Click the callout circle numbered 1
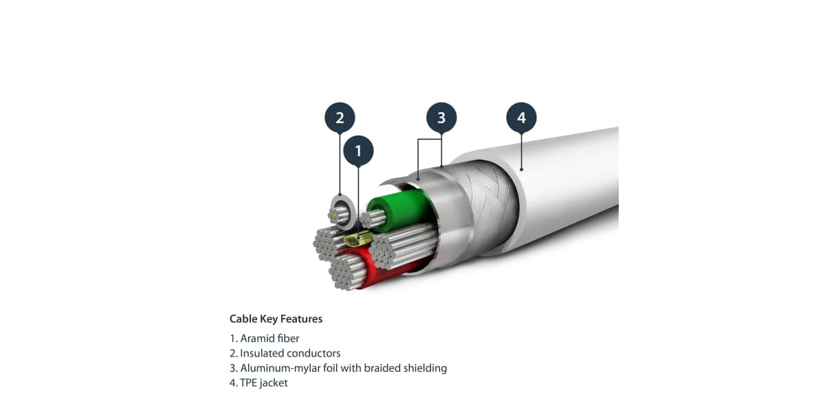(x=357, y=151)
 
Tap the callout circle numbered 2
(x=340, y=118)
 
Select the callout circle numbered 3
(x=441, y=118)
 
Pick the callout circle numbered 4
(x=521, y=118)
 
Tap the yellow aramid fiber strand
(x=355, y=238)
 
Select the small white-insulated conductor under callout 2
(x=340, y=209)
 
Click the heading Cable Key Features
(x=276, y=319)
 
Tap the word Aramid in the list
(x=256, y=338)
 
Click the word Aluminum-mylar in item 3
(x=274, y=368)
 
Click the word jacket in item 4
(x=275, y=383)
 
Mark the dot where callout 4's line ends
(x=521, y=168)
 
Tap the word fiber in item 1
(x=287, y=338)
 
